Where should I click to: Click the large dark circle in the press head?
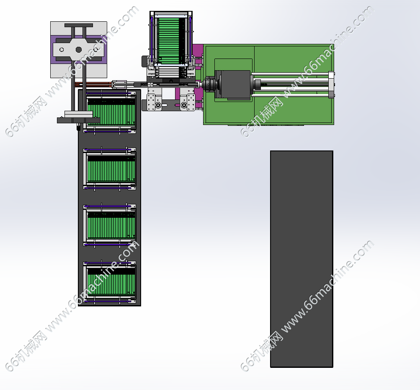click(78, 50)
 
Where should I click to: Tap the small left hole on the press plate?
click(62, 50)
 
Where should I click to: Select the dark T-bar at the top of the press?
click(78, 25)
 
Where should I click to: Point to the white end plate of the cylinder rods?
click(331, 85)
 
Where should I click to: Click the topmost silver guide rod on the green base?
click(290, 74)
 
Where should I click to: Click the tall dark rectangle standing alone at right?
click(301, 259)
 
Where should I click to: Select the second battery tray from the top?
click(110, 168)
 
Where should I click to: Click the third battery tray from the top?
click(110, 225)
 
